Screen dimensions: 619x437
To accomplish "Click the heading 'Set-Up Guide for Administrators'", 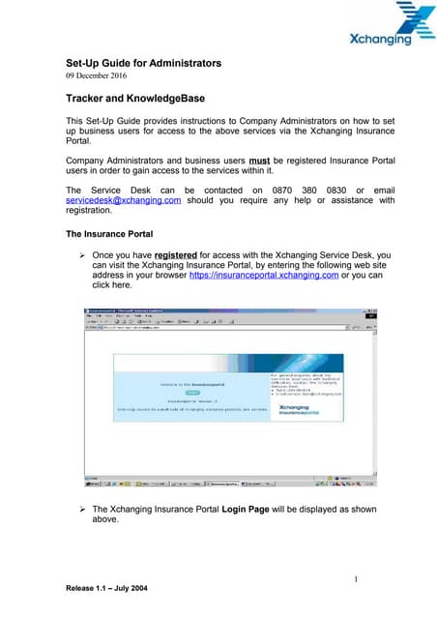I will [143, 63].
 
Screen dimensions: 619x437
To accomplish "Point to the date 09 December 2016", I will [101, 75].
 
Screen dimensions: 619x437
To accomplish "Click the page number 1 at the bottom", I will [357, 579].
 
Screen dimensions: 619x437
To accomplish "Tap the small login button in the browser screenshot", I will [192, 392].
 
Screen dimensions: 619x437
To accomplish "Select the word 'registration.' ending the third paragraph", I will [92, 211].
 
